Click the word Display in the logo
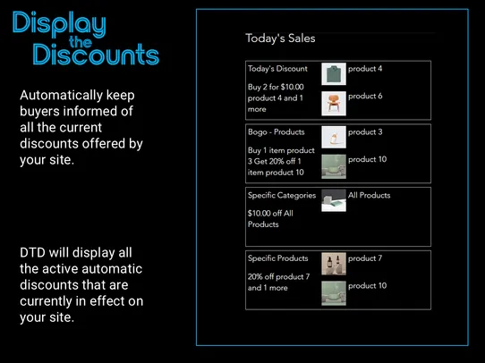click(x=59, y=25)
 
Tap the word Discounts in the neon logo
click(x=96, y=55)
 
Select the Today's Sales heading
click(x=280, y=38)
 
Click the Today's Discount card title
click(x=277, y=69)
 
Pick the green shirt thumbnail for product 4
click(x=334, y=75)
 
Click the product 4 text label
click(x=365, y=69)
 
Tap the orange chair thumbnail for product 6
click(x=334, y=103)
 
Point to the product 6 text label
click(x=365, y=96)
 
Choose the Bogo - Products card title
click(x=277, y=132)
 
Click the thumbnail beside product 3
click(x=334, y=138)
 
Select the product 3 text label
click(x=365, y=132)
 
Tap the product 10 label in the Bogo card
click(x=368, y=159)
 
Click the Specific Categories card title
click(x=282, y=195)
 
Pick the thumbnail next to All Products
click(x=334, y=200)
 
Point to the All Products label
click(x=370, y=195)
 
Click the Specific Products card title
click(x=278, y=258)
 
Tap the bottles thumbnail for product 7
click(x=334, y=264)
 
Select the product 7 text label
click(x=365, y=258)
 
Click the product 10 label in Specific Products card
click(x=368, y=285)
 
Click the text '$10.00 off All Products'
click(x=270, y=219)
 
